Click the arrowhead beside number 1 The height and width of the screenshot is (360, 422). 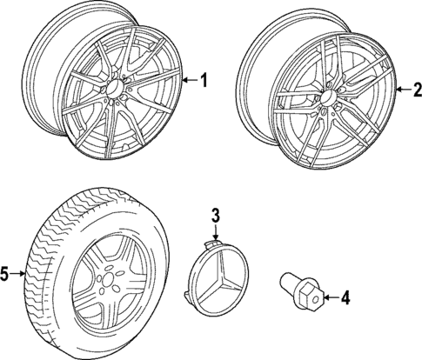point(185,81)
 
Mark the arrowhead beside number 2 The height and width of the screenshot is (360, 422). point(397,89)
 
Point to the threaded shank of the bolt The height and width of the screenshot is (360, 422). point(288,284)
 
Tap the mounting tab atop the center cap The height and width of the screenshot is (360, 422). point(210,240)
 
